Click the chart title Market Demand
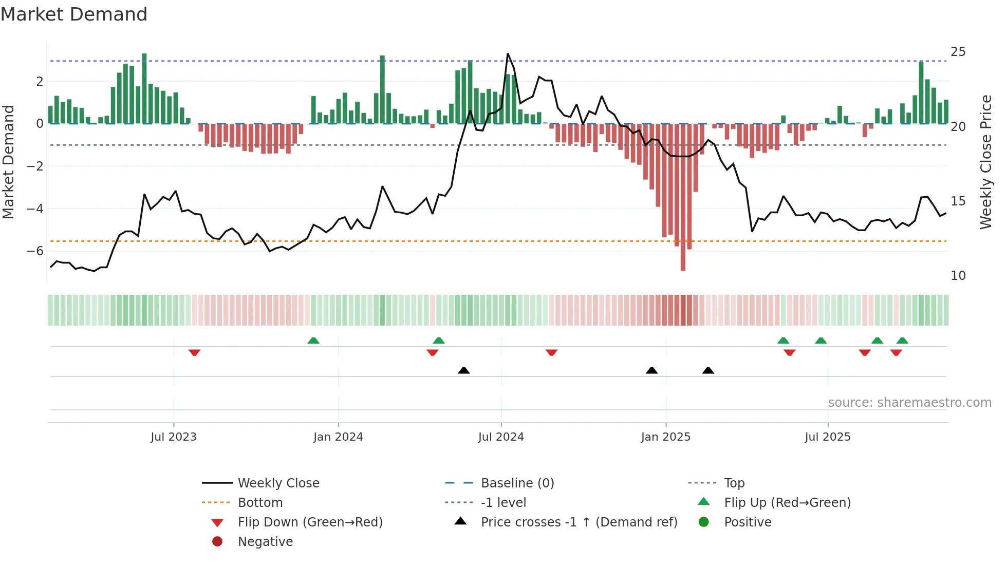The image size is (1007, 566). [x=74, y=14]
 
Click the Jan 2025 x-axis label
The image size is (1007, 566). [x=665, y=437]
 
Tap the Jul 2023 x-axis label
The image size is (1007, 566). [x=173, y=437]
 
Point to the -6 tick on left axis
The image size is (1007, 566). [x=35, y=251]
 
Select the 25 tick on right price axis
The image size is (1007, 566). [x=958, y=52]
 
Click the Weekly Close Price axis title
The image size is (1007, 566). [x=985, y=162]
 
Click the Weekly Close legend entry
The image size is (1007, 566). [x=278, y=483]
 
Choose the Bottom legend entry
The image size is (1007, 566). [x=260, y=503]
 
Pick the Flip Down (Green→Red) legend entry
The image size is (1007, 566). [x=310, y=522]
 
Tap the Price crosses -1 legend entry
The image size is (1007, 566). [x=579, y=522]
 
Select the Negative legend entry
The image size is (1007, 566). [x=265, y=542]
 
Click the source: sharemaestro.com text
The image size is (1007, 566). [x=909, y=403]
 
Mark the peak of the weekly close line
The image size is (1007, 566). [x=508, y=54]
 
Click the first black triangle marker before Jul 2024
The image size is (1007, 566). [x=463, y=370]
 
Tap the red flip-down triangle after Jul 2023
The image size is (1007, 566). [x=194, y=352]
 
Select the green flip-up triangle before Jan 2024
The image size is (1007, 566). [x=313, y=341]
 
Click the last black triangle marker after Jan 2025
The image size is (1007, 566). [x=708, y=370]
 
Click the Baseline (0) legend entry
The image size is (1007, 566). [x=517, y=483]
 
